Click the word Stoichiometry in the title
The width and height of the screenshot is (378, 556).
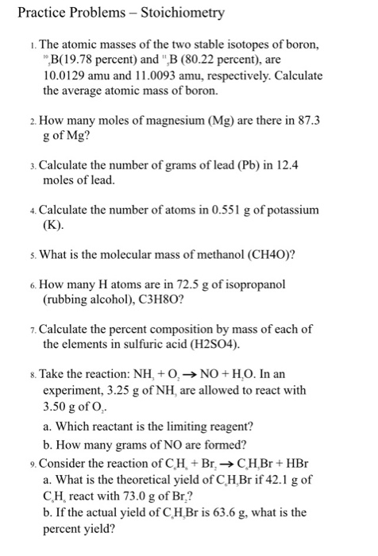click(x=179, y=13)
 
